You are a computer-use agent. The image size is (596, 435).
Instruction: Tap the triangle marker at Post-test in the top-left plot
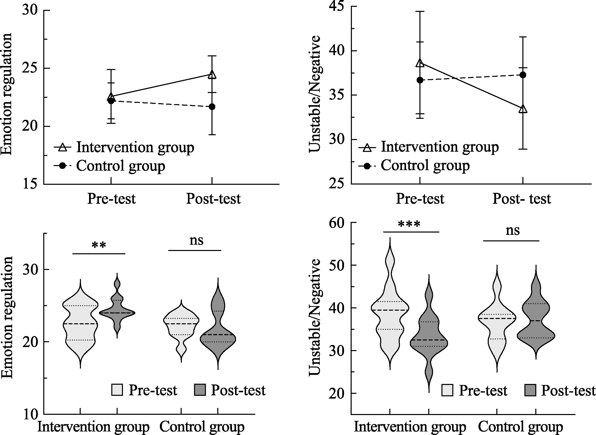tap(212, 75)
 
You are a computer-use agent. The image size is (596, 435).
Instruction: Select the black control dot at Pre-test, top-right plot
tap(420, 80)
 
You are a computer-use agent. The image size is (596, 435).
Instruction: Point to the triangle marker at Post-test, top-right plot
tap(523, 109)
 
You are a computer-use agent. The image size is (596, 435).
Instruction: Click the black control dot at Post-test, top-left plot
tap(212, 107)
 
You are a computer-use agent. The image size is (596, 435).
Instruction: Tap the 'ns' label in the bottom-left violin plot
tap(196, 240)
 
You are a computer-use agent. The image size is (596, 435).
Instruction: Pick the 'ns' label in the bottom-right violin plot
tap(513, 231)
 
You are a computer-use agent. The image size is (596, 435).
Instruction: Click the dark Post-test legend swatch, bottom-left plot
tap(200, 390)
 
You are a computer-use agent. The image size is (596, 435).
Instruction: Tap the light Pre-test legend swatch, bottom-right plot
tap(447, 390)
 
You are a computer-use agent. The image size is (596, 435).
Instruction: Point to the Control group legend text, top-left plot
tap(121, 166)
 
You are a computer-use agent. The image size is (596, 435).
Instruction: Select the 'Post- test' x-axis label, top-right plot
tap(522, 199)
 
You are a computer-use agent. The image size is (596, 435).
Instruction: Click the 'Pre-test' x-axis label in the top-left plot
tap(112, 199)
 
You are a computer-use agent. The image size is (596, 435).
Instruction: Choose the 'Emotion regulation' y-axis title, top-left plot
tap(6, 94)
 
